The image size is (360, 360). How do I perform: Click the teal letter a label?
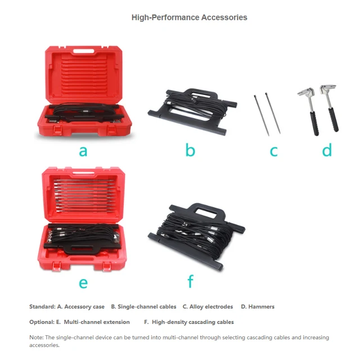(83, 151)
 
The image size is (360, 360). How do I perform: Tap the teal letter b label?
(190, 150)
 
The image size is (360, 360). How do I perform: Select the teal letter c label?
(274, 151)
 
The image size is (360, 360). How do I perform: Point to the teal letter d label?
(327, 150)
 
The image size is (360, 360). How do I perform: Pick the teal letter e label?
(83, 282)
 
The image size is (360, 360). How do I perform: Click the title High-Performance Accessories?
(189, 17)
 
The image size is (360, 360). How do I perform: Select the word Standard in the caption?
(42, 307)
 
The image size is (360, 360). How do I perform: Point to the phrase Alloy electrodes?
(211, 307)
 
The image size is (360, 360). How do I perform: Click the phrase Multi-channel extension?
(97, 322)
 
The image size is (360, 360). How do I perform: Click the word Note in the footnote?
(36, 337)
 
